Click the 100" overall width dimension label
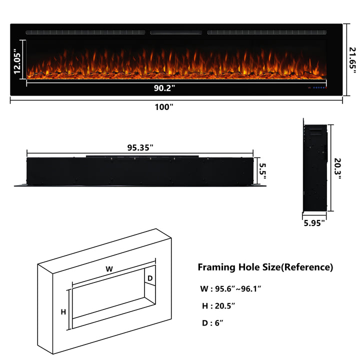coord(164,107)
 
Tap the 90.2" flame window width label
coord(164,88)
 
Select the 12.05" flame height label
coord(17,61)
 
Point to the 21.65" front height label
coord(352,60)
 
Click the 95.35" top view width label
coord(140,147)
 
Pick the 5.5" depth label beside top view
coord(262,171)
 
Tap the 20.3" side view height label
coord(337,168)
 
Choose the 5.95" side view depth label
coord(314,223)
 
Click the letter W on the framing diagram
coord(109,269)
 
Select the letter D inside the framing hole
coord(150,278)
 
